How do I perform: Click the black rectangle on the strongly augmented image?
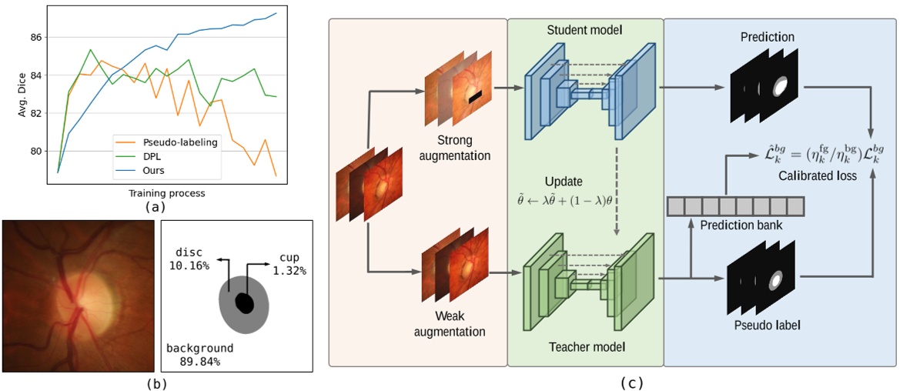click(474, 96)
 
